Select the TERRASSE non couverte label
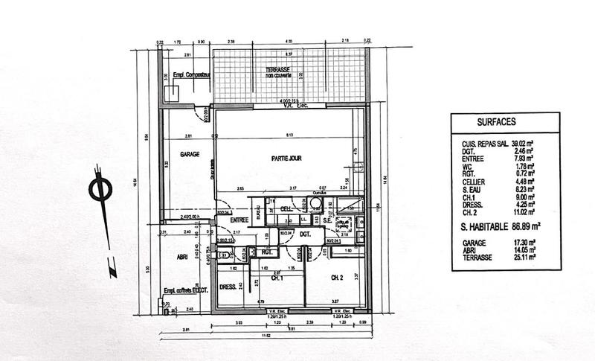pos(261,73)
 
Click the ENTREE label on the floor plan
pos(238,220)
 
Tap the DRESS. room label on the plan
pos(228,287)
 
